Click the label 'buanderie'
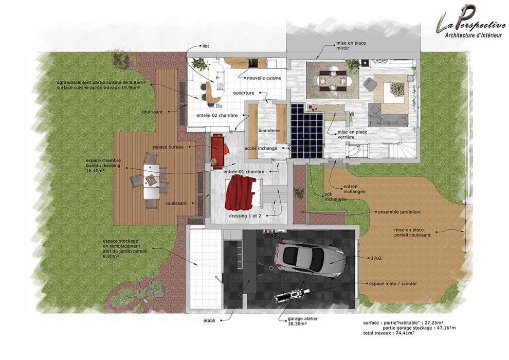point(269,131)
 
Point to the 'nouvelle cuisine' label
point(264,78)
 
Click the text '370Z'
point(376,259)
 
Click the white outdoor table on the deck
point(151,182)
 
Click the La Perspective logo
point(469,22)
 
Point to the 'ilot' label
point(206,46)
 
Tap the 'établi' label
point(209,320)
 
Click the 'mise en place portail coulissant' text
point(412,232)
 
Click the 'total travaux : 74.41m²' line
point(389,333)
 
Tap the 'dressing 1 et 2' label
point(245,215)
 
